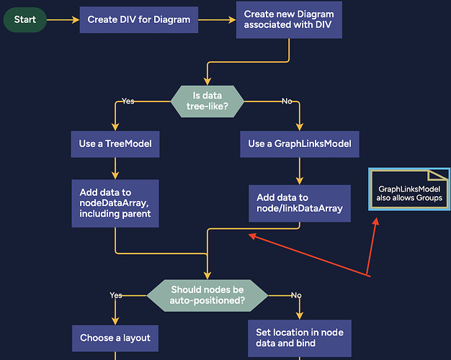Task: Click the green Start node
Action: (x=25, y=20)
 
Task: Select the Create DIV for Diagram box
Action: (x=138, y=20)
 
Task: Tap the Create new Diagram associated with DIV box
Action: (x=288, y=20)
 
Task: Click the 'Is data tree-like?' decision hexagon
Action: (x=207, y=101)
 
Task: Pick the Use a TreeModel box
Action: (x=115, y=144)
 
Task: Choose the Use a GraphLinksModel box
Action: (x=299, y=144)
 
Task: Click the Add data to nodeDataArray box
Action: (x=115, y=203)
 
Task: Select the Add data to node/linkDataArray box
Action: (x=299, y=203)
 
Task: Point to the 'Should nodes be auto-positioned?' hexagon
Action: (x=207, y=295)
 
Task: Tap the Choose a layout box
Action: (x=115, y=337)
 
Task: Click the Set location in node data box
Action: (x=299, y=338)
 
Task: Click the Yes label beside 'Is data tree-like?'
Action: (x=128, y=101)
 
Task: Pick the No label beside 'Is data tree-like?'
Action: (x=286, y=101)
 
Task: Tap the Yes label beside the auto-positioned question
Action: (x=116, y=295)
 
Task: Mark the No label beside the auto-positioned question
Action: (x=295, y=295)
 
